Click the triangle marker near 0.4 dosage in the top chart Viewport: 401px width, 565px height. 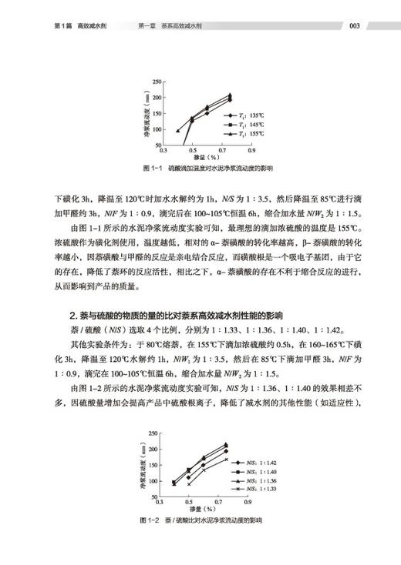click(178, 131)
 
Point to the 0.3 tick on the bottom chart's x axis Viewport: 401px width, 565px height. click(159, 501)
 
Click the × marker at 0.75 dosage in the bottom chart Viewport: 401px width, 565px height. click(226, 460)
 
